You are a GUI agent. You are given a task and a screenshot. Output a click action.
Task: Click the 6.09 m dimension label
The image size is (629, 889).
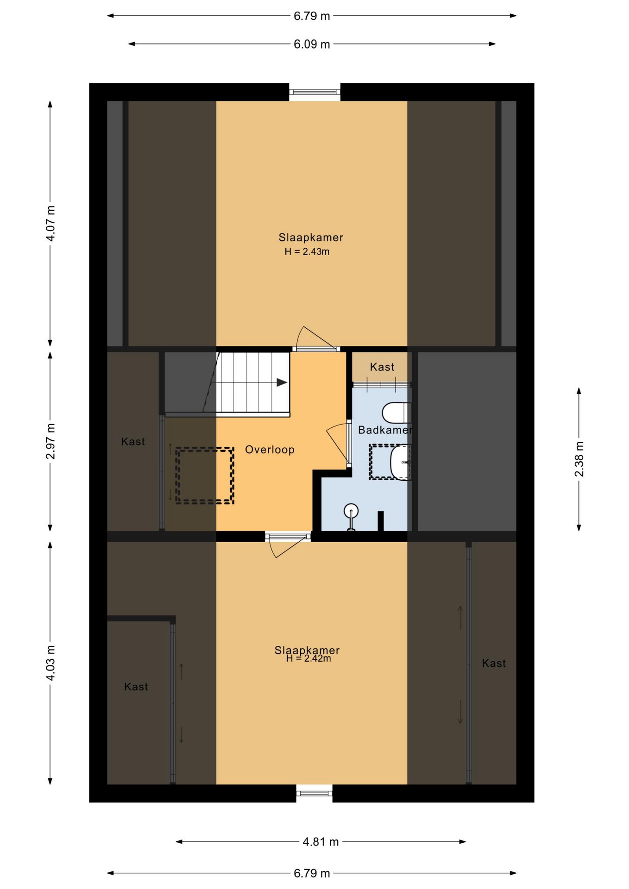312,44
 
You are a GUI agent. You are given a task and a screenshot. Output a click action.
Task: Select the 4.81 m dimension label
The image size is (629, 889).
321,842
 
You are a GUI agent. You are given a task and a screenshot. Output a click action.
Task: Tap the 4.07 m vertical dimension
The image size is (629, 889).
50,223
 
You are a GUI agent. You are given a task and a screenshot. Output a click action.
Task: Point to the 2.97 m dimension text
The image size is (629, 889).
50,441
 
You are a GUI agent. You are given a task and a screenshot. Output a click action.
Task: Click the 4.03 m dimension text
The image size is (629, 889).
50,663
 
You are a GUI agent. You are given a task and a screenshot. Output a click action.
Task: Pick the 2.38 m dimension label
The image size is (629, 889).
579,459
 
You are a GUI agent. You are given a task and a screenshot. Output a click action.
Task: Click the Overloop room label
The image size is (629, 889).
270,450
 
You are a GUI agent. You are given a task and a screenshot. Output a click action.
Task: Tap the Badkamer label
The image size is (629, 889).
385,430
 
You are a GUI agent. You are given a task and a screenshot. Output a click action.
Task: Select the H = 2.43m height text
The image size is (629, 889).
307,252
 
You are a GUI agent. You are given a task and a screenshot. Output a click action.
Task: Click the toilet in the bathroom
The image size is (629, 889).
396,413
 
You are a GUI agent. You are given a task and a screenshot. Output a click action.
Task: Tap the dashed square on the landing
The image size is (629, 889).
205,476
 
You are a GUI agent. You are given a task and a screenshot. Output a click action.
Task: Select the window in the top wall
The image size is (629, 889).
315,92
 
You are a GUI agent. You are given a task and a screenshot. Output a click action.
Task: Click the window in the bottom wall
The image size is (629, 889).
314,793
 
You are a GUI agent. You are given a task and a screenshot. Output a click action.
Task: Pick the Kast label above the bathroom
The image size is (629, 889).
382,367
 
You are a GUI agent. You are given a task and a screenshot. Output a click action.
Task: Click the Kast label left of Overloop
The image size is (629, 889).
133,442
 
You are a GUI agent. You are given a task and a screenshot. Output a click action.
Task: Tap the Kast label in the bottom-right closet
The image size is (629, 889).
494,664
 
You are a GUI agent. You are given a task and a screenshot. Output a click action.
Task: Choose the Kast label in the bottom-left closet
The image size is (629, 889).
136,687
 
